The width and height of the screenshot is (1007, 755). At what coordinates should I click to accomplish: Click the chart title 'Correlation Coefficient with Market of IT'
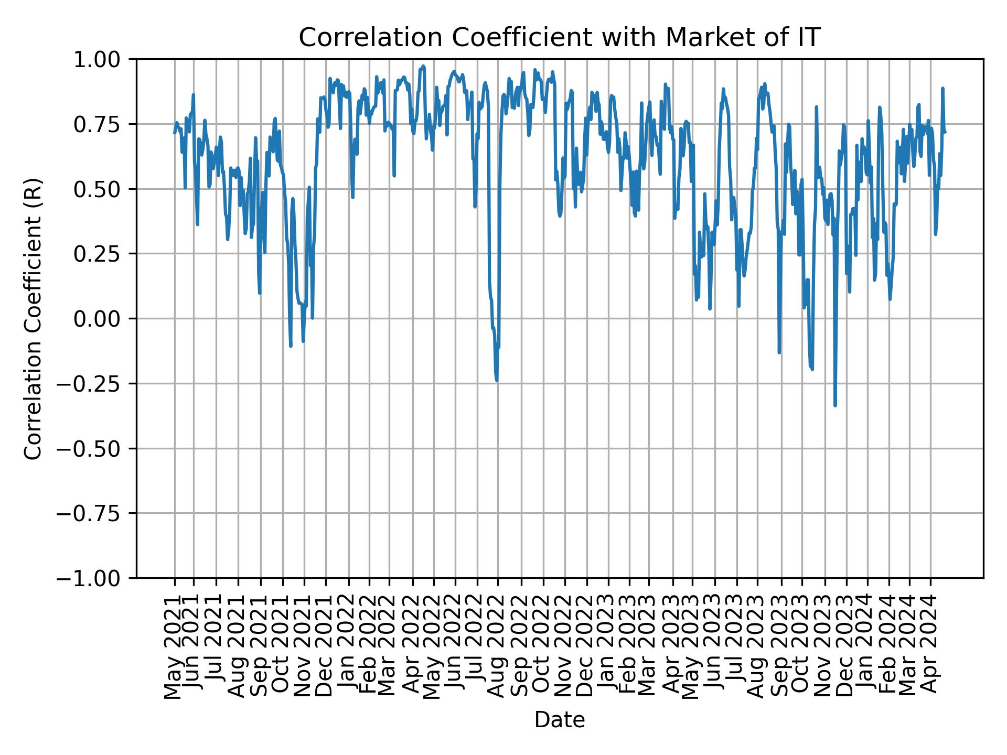pos(559,38)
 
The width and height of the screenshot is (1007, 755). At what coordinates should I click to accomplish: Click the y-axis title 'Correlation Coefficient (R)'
pos(33,319)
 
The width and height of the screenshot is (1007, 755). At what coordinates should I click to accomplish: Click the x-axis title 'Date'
pos(559,720)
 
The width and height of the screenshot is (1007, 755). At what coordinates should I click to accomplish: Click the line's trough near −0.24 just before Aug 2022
pos(497,381)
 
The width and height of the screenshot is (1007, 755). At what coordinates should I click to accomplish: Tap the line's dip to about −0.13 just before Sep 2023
pos(779,352)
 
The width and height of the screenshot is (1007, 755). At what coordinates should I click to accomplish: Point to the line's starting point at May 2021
pos(175,133)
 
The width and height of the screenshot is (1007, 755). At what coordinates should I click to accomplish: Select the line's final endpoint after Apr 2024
pos(945,132)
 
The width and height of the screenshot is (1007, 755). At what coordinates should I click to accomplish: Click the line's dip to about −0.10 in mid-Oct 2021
pos(291,346)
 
